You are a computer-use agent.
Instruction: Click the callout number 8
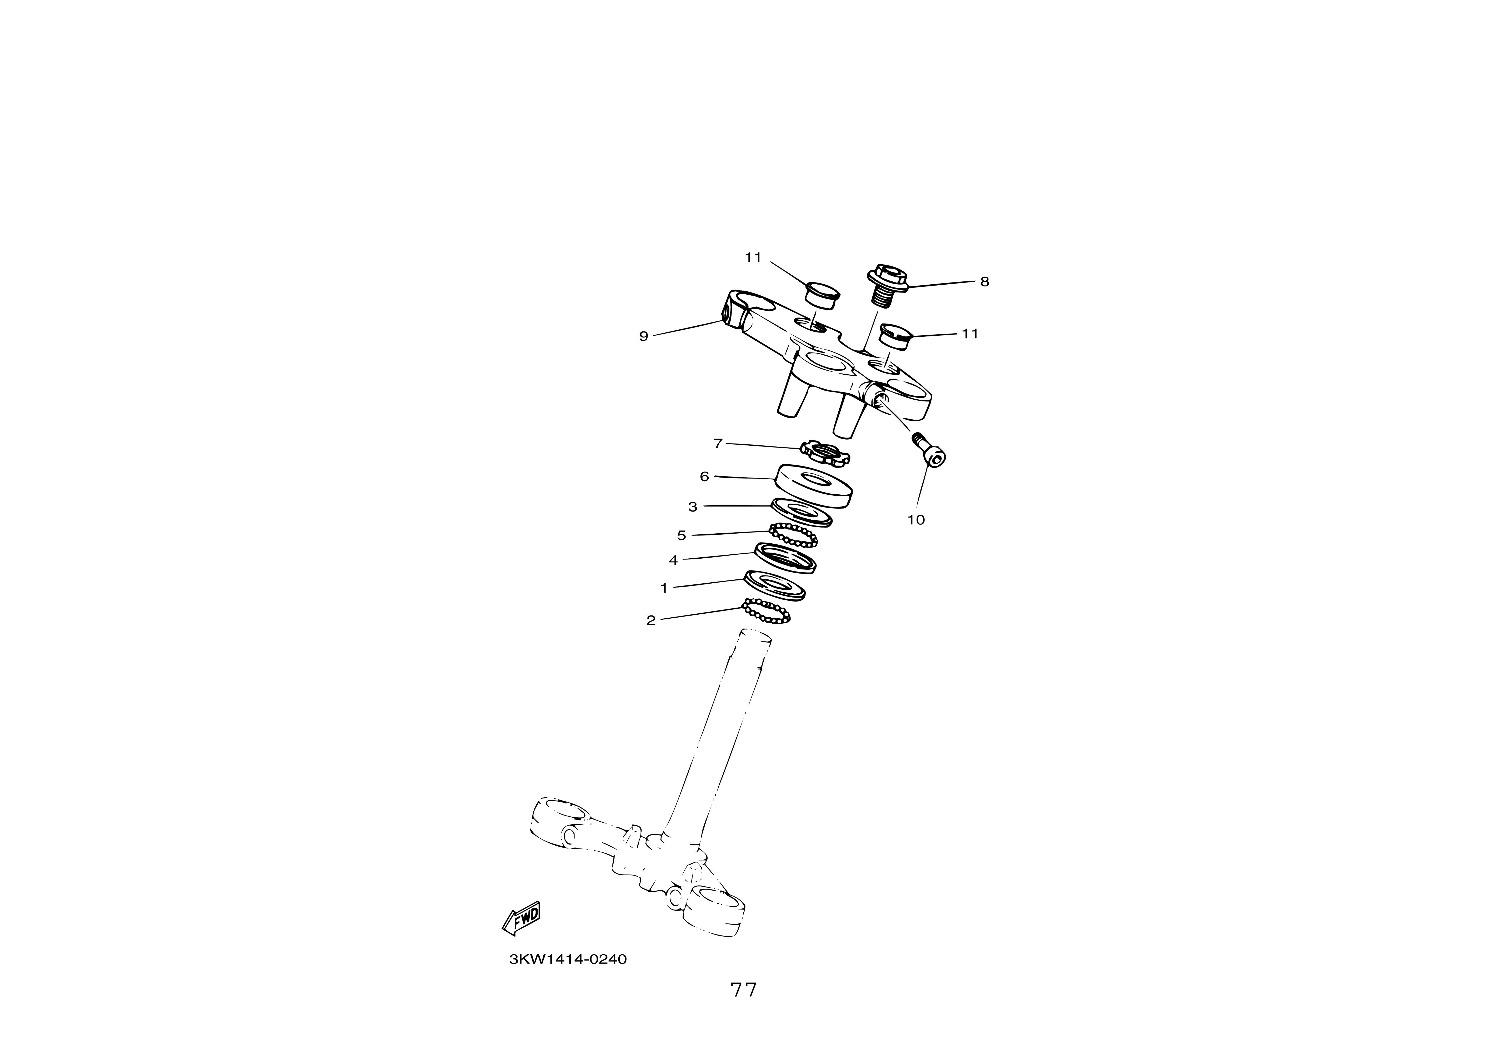(x=984, y=281)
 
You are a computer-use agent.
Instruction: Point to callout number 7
(x=717, y=444)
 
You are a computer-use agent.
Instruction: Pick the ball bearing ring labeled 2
(x=766, y=612)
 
